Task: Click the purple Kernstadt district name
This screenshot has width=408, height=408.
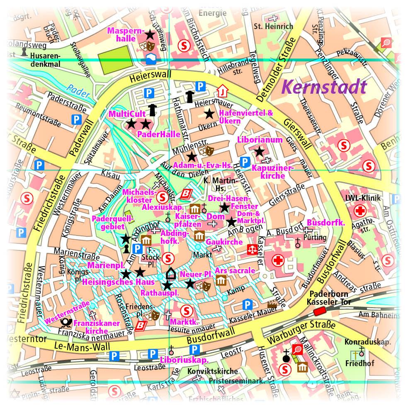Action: coord(324,87)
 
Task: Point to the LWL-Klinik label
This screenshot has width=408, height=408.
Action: coord(363,198)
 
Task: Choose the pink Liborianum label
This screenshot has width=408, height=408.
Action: coord(260,140)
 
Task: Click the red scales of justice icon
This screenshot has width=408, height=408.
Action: coord(251,249)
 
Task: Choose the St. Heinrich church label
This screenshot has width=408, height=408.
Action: coord(273,26)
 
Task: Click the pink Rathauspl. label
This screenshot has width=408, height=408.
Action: coord(159,293)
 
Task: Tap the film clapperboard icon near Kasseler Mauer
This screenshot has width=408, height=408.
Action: coord(272,304)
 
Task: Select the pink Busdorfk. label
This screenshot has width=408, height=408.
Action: coord(325,223)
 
